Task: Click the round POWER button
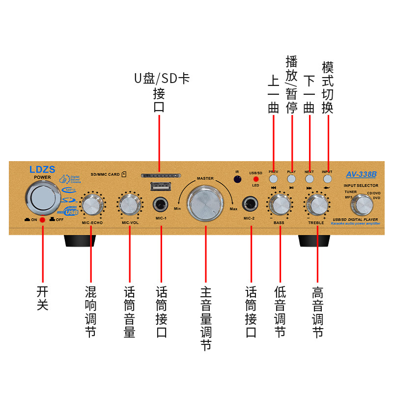(x=43, y=197)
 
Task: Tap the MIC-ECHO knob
(x=91, y=203)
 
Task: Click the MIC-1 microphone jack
(x=160, y=203)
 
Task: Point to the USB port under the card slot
(x=161, y=187)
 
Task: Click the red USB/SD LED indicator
(x=256, y=179)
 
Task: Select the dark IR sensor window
(x=238, y=179)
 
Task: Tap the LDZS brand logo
(x=42, y=169)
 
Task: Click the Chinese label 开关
(x=43, y=298)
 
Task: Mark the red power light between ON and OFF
(x=43, y=220)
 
